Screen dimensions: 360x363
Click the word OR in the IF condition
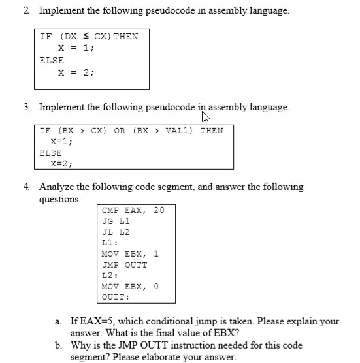click(120, 131)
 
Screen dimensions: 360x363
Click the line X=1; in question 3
click(61, 141)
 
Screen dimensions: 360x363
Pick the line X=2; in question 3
click(61, 164)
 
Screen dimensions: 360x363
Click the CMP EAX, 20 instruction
click(133, 210)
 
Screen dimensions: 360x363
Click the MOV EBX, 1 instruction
click(130, 254)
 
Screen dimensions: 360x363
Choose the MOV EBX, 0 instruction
click(130, 287)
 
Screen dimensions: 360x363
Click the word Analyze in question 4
click(58, 187)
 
